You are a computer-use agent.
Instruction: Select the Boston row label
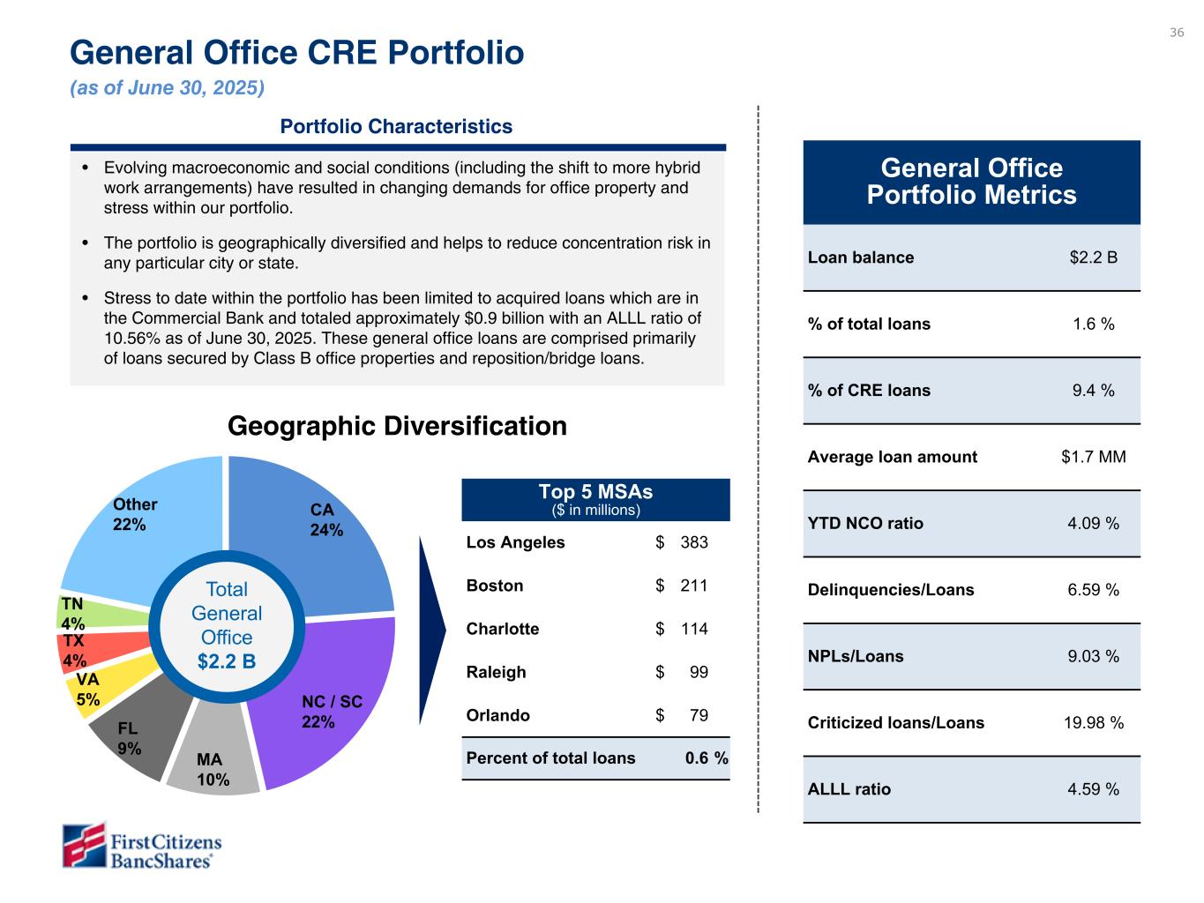coord(495,586)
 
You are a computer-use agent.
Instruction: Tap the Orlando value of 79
coord(698,715)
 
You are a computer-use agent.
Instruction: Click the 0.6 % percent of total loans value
coord(707,758)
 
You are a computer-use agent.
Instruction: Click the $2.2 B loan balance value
coord(1093,257)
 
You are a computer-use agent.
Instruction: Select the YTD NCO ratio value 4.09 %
coord(1093,524)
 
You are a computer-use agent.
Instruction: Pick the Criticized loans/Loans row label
coord(895,723)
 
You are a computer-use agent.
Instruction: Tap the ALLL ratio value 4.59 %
coord(1093,789)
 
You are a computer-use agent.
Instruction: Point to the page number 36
coord(1177,33)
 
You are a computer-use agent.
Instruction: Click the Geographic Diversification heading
coord(397,427)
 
